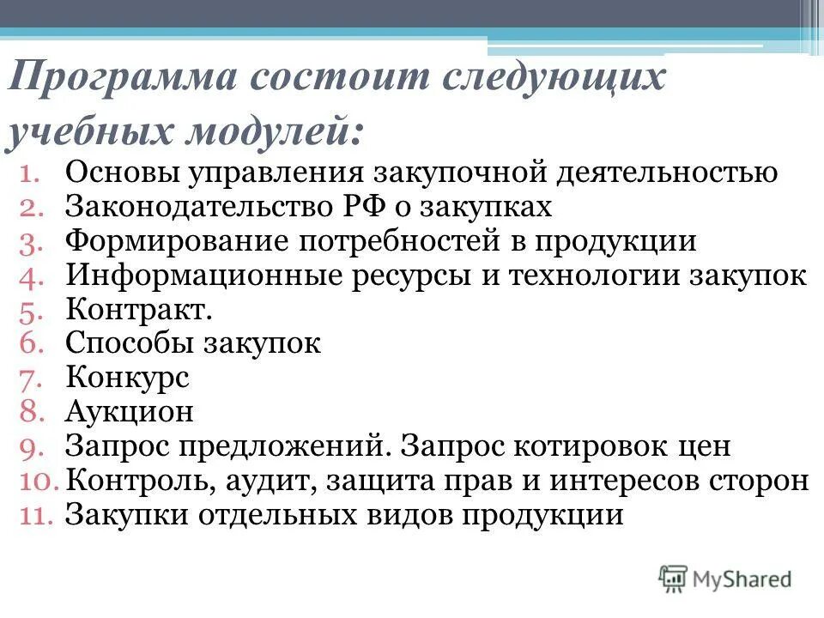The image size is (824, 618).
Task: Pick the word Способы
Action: pos(128,344)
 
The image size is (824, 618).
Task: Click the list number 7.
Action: pos(32,379)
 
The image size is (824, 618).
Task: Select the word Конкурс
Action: pos(126,379)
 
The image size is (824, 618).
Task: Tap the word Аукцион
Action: pos(130,413)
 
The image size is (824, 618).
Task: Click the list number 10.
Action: pos(37,481)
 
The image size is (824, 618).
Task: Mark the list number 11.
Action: pos(37,515)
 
